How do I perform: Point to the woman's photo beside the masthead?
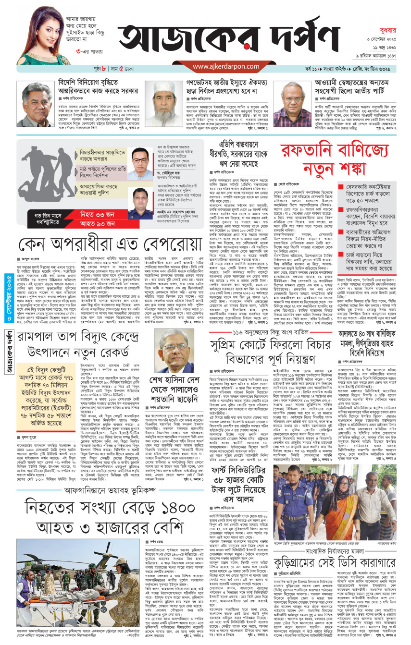(x=43, y=34)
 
